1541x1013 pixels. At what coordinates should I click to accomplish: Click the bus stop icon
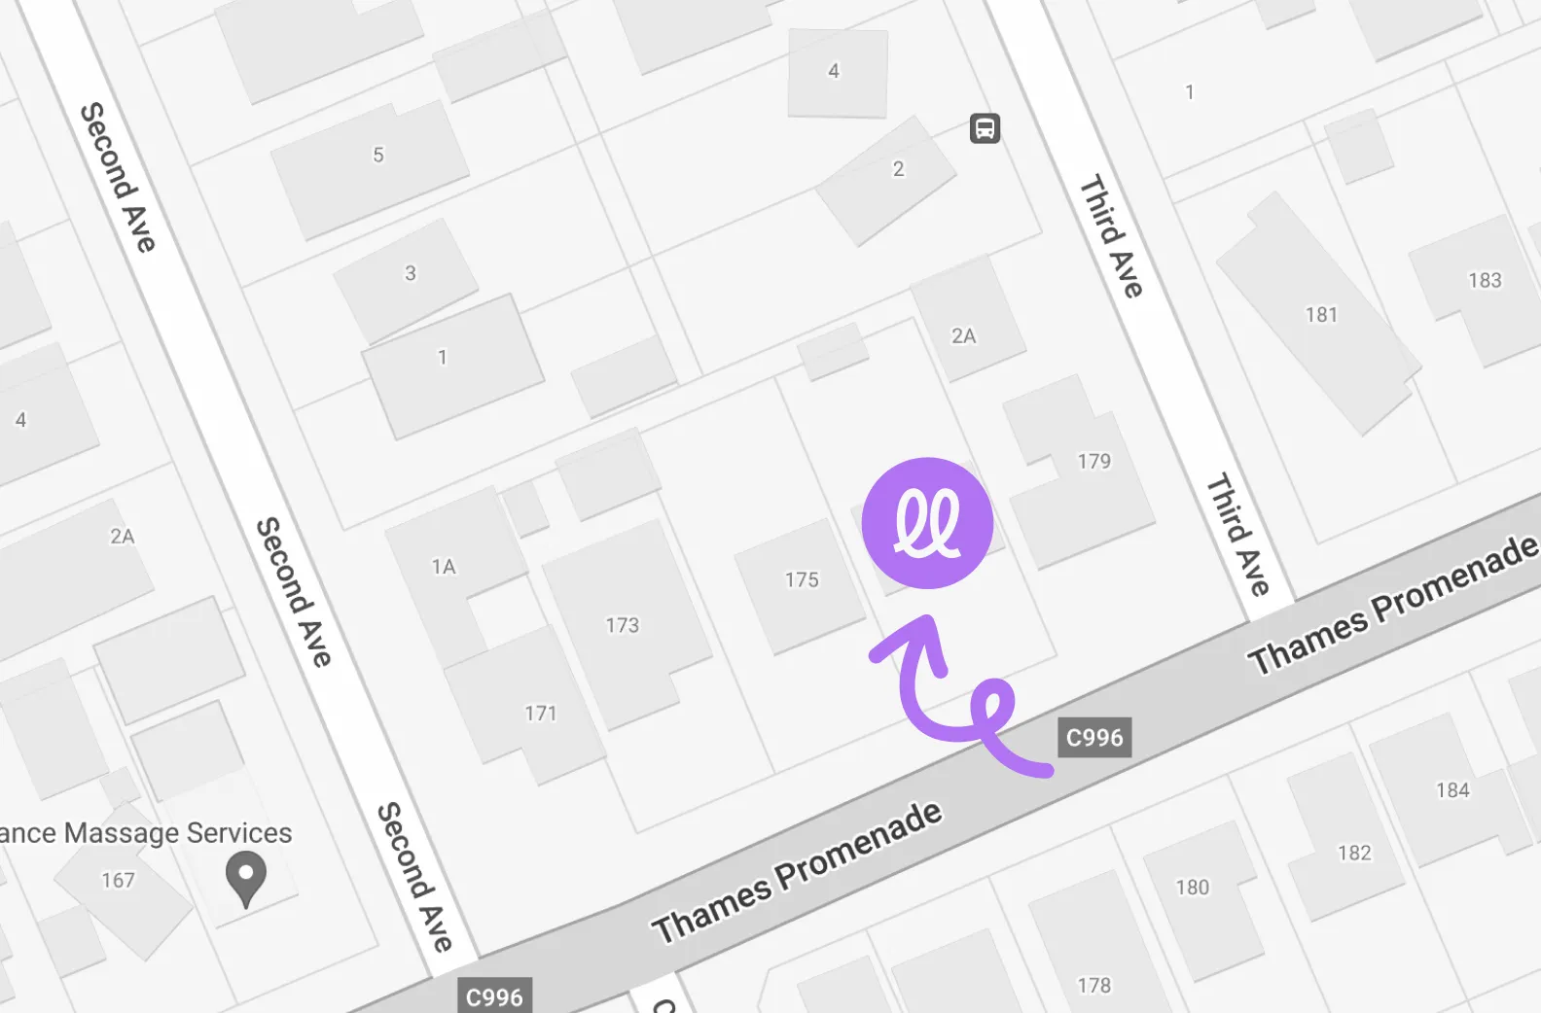point(985,128)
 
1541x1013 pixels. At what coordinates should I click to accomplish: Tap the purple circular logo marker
point(927,523)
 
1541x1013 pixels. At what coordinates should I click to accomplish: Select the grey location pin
point(246,878)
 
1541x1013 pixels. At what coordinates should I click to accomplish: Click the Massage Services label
point(146,833)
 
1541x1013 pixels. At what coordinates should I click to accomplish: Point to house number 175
point(802,580)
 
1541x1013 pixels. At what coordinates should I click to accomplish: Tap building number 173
point(623,625)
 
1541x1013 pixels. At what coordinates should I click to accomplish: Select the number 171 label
point(541,714)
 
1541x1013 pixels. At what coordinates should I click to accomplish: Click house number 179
point(1093,461)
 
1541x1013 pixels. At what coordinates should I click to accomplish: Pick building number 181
point(1321,315)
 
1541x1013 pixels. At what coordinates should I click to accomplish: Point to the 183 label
point(1485,281)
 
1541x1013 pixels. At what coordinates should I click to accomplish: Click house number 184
point(1452,790)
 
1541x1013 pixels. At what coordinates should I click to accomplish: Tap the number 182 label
point(1354,854)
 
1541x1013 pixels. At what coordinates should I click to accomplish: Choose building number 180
point(1192,888)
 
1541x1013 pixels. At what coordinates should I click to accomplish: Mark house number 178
point(1093,986)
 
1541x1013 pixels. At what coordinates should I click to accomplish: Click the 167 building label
point(118,881)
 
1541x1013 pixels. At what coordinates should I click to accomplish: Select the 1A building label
point(444,567)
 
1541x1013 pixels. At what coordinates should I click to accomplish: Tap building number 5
point(378,155)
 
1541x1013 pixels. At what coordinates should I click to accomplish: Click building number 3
point(411,273)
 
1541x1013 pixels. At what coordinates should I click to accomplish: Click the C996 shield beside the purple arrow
point(1094,738)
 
